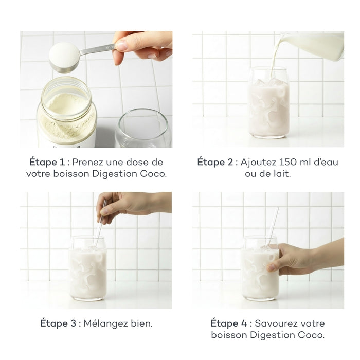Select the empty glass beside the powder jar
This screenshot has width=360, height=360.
(142, 129)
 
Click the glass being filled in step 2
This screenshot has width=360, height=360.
(268, 105)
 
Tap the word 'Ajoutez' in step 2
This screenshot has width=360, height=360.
(261, 162)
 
